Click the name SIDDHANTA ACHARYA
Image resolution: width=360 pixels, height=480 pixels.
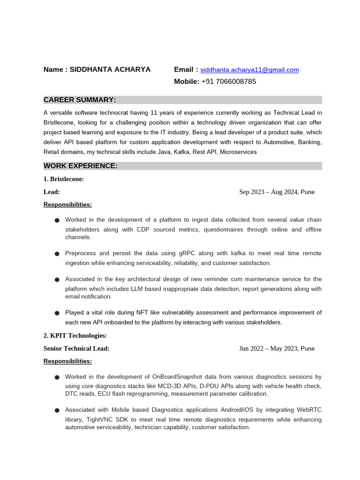110,69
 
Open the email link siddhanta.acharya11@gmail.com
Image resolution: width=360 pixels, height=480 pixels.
249,70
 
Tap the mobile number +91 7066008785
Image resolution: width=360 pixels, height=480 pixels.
229,82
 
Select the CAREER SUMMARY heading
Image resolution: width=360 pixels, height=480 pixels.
80,100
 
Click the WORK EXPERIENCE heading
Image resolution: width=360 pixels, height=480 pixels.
81,166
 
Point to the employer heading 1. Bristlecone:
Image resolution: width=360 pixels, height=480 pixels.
64,179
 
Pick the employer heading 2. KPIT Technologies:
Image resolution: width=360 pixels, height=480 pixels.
75,336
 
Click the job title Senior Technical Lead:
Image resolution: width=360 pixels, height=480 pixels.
76,348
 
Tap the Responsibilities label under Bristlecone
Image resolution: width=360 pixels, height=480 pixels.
67,204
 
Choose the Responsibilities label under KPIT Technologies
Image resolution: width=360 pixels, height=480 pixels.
67,361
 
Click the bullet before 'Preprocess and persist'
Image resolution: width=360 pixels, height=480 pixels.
57,254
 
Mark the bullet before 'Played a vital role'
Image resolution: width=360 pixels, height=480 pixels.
57,313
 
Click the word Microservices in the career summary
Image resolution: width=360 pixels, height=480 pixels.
238,152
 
